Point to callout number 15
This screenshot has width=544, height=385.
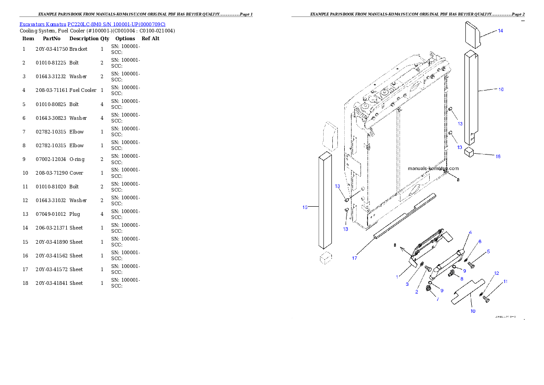point(305,207)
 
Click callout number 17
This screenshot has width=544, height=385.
point(354,258)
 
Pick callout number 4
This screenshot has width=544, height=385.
point(470,233)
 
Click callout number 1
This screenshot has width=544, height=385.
point(397,277)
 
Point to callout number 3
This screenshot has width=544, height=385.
point(407,284)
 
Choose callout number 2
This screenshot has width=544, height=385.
point(417,291)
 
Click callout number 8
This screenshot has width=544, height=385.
point(462,278)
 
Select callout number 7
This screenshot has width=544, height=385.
point(437,299)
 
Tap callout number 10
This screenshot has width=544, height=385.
point(473,311)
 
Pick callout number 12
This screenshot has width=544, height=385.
point(496,273)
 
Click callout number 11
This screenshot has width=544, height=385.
point(505,282)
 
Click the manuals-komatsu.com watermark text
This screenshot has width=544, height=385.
point(433,168)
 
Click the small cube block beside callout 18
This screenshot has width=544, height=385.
point(469,152)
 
